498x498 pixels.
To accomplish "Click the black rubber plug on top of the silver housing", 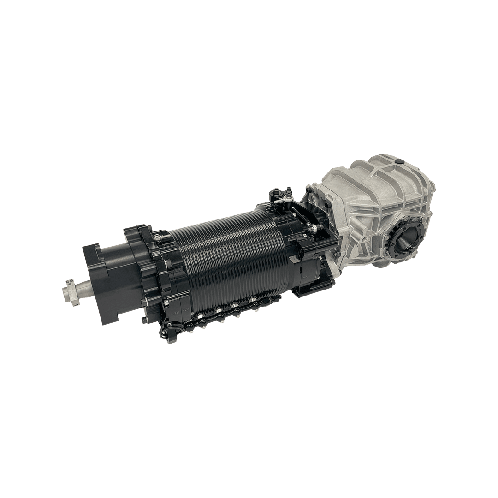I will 399,162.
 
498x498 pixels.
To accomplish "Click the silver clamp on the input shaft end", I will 71,291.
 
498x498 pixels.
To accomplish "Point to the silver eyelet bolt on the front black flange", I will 158,238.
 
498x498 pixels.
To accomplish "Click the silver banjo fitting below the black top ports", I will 278,201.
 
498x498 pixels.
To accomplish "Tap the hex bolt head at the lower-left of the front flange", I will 144,319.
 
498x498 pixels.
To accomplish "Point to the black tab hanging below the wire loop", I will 172,340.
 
